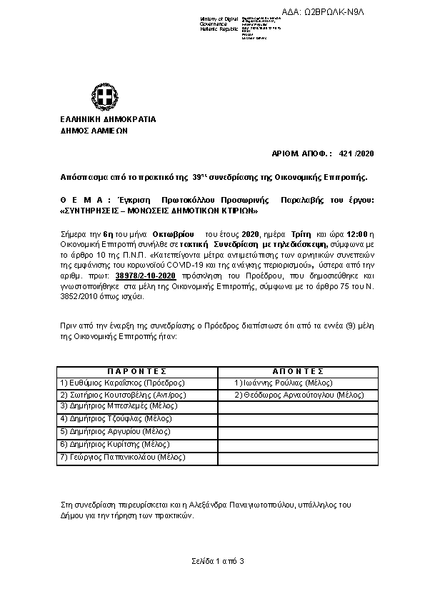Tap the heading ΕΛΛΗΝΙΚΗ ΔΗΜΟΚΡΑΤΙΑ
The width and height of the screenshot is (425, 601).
[99, 119]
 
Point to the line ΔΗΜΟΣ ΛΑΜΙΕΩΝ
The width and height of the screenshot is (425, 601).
[89, 131]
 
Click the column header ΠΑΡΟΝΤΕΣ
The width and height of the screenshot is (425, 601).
[137, 372]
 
